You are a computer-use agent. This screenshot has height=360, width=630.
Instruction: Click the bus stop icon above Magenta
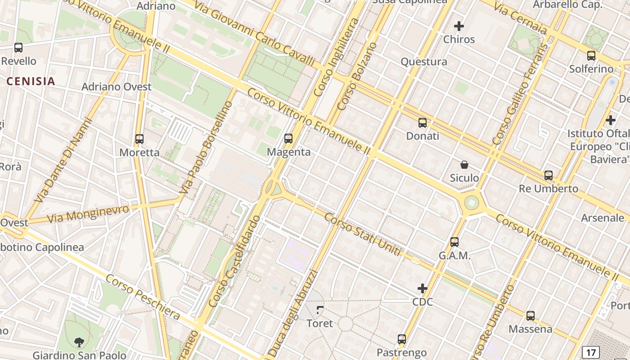(x=288, y=139)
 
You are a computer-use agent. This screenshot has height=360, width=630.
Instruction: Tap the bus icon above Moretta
(x=139, y=139)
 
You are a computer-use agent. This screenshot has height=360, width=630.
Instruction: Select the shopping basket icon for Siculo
(x=464, y=165)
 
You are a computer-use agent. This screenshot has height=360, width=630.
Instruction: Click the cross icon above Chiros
(x=459, y=26)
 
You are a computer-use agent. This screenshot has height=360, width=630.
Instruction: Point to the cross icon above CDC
(x=423, y=288)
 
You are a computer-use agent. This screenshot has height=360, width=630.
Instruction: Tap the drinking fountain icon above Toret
(x=319, y=310)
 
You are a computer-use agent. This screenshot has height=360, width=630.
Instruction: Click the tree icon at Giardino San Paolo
(x=79, y=342)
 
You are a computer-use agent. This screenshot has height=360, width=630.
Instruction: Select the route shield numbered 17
(x=590, y=352)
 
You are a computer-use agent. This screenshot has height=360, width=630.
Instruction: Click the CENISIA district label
(x=31, y=81)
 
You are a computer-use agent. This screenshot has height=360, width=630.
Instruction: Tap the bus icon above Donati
(x=423, y=122)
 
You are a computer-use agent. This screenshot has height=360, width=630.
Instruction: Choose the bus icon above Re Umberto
(x=549, y=175)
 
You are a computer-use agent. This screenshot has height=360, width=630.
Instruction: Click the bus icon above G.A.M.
(x=454, y=242)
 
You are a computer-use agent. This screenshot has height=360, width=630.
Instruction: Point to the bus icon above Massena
(x=531, y=316)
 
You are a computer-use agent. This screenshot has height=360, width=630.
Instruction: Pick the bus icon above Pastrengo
(x=402, y=339)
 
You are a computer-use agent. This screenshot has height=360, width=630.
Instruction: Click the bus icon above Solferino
(x=591, y=56)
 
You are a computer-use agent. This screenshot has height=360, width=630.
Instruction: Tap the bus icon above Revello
(x=18, y=47)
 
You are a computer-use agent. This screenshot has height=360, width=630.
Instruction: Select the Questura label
(x=424, y=62)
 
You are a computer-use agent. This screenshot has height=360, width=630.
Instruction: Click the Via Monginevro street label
(x=88, y=213)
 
